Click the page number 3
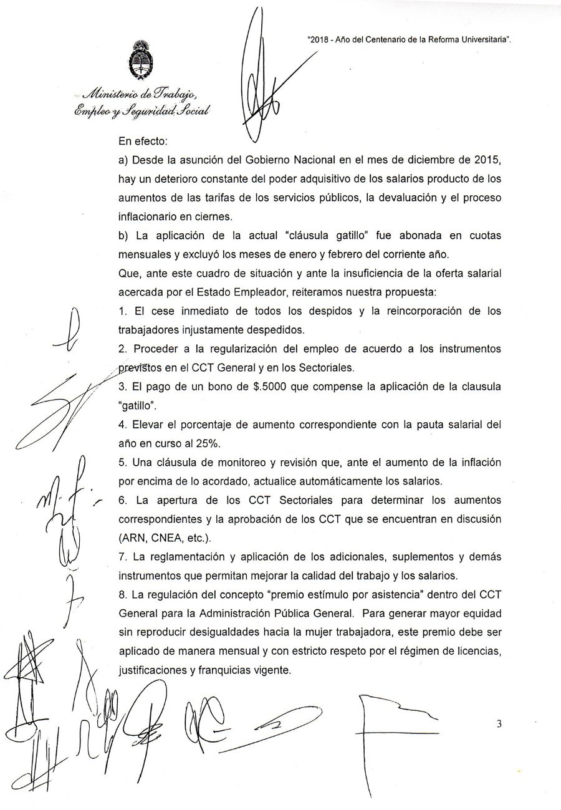pos(499,724)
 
